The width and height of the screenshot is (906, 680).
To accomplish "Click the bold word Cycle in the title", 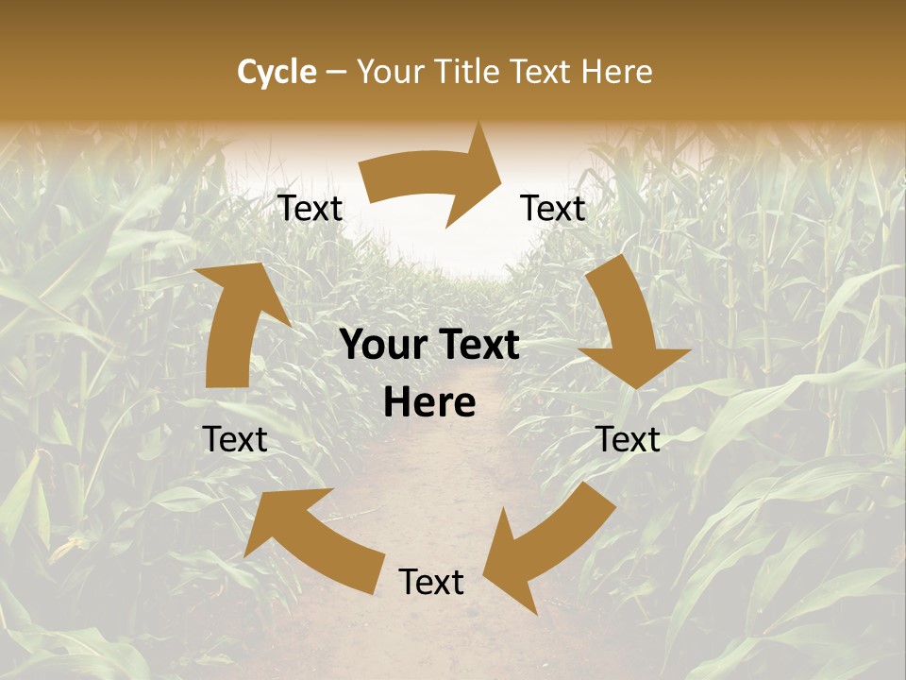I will click(x=277, y=72).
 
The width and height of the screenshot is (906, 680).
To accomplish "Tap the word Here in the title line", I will click(x=617, y=72).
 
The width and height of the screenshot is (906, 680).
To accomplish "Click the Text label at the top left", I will click(x=310, y=209).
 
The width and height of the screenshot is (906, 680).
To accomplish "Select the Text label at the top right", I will click(x=553, y=209).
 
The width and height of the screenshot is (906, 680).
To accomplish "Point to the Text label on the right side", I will click(x=629, y=440).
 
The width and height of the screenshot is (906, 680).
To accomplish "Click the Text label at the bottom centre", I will click(x=431, y=583).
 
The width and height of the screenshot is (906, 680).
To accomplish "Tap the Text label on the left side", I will click(x=235, y=440).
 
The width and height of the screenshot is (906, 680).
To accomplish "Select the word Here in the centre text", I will click(x=429, y=403).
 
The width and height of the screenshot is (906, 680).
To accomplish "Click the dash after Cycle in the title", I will click(x=336, y=72).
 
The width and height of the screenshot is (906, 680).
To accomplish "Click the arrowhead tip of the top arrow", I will click(x=499, y=170).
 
